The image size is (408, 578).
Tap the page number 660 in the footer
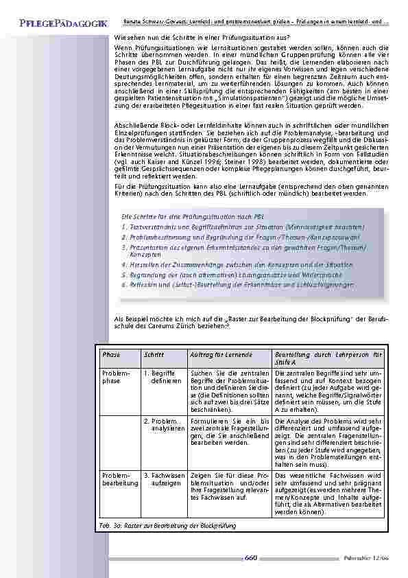(250, 558)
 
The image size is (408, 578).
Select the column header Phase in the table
(110, 355)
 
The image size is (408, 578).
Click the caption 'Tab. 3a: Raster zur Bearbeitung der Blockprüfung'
(168, 525)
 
